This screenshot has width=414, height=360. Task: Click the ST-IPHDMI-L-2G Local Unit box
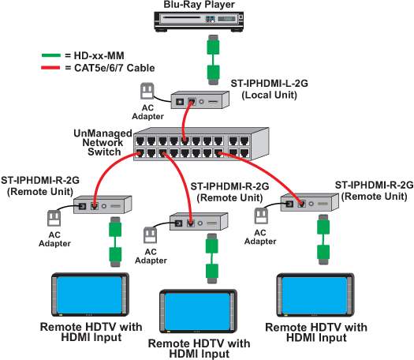tap(197, 101)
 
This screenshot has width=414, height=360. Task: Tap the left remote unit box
tap(99, 206)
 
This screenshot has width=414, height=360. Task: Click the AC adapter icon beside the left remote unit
tap(54, 217)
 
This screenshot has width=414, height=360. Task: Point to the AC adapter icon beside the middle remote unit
tap(151, 234)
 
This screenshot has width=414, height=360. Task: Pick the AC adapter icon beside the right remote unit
tap(259, 216)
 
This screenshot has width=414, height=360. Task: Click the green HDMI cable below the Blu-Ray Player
tap(211, 59)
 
